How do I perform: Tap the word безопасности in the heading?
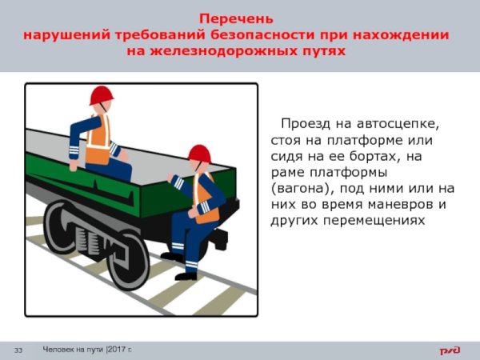[x=262, y=35]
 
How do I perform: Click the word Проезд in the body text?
[x=304, y=125]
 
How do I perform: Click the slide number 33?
[x=17, y=350]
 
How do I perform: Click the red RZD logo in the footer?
[x=450, y=350]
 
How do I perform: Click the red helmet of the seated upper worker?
[x=101, y=95]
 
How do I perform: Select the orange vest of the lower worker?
[x=206, y=199]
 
